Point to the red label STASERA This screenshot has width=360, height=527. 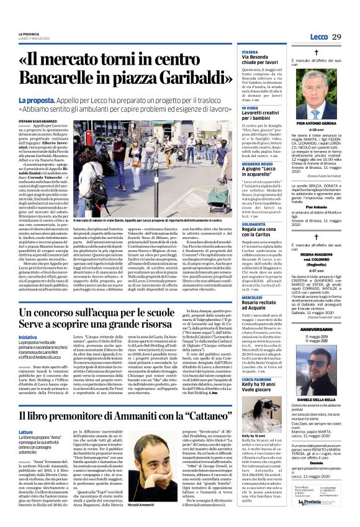[x=250, y=52]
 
